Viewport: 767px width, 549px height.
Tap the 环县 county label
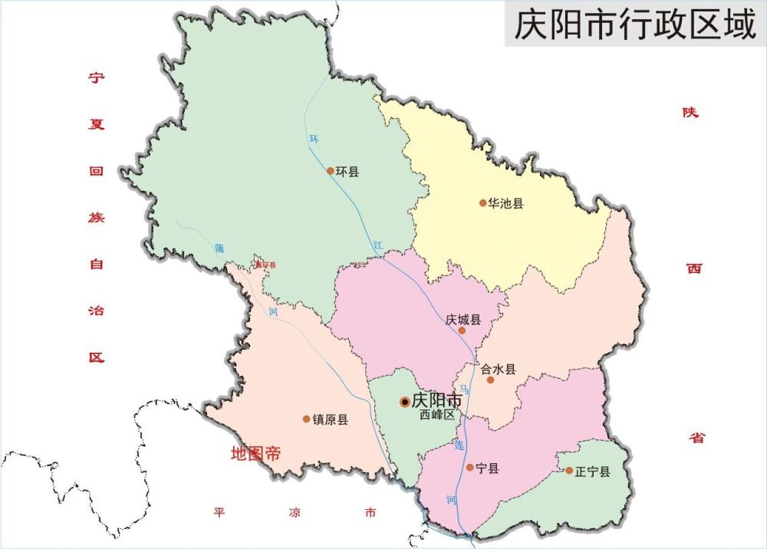point(347,171)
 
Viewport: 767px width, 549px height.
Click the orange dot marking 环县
point(331,171)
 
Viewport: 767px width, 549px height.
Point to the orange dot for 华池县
point(483,203)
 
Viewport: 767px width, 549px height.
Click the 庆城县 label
point(463,320)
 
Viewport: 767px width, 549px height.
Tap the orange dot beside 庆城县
point(462,330)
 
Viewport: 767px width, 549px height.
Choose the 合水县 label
point(499,369)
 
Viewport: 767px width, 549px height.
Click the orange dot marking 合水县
point(491,380)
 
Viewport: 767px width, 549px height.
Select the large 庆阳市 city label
point(437,401)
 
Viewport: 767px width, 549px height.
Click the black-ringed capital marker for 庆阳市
point(405,402)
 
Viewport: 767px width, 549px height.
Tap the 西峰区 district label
point(437,415)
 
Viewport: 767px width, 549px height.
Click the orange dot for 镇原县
point(307,419)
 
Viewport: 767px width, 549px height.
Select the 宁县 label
point(487,468)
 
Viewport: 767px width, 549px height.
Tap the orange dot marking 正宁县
point(569,471)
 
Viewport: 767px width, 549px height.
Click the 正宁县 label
point(593,472)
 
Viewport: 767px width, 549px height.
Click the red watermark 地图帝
point(255,454)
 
